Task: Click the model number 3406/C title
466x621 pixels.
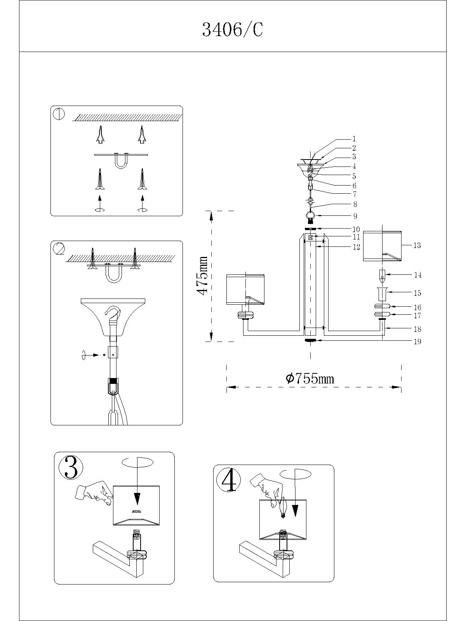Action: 233,29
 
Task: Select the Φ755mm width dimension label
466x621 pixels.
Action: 310,378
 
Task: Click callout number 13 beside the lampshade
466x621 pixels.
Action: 417,245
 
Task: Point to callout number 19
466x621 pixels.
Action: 417,342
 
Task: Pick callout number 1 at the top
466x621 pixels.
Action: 354,139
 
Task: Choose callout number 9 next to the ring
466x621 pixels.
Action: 355,216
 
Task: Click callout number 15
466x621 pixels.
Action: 417,293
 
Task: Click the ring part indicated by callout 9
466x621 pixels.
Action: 311,216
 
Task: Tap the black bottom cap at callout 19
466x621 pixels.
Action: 311,340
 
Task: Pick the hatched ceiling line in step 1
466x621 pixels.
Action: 128,117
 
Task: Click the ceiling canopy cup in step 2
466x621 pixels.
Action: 113,316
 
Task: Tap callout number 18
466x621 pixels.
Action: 417,329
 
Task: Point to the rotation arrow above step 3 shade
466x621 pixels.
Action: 137,463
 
